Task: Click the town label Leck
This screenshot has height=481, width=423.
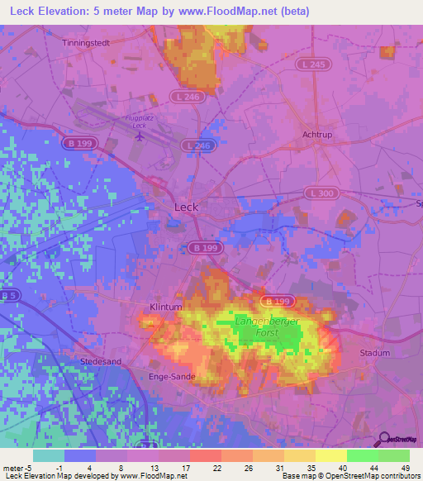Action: (x=187, y=207)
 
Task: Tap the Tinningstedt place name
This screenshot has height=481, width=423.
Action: (x=87, y=41)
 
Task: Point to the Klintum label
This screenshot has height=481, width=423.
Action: (x=165, y=307)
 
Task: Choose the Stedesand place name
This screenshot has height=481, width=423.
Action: (x=101, y=362)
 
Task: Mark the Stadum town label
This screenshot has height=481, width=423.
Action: (x=375, y=353)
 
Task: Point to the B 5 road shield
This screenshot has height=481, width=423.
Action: (x=9, y=295)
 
